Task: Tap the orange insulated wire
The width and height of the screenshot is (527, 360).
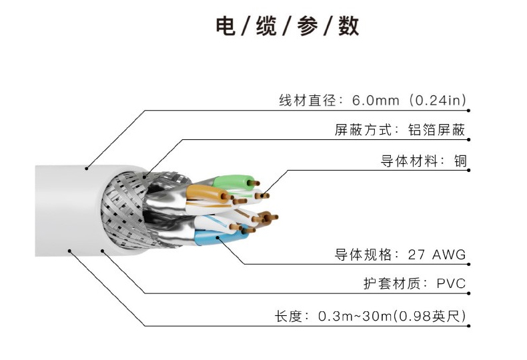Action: click(x=204, y=193)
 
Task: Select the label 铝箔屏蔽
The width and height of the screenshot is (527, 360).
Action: click(x=436, y=130)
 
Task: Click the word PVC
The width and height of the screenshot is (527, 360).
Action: click(x=451, y=284)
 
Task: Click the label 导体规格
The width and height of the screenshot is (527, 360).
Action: click(x=361, y=254)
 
